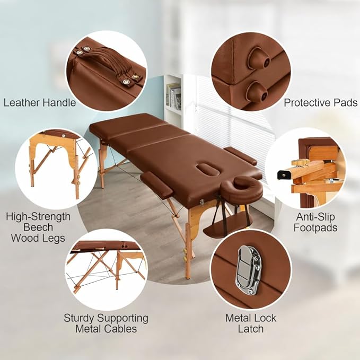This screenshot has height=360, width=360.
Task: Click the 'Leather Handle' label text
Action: [x=40, y=103]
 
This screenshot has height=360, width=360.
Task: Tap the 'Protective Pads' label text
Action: [x=321, y=103]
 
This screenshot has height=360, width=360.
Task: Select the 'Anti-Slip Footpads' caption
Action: [x=315, y=222]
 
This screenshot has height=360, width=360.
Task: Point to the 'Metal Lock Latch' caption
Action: [x=250, y=323]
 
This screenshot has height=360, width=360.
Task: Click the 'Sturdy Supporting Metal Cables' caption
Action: [x=106, y=323]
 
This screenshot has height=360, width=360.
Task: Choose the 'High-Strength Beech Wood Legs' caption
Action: [x=38, y=227]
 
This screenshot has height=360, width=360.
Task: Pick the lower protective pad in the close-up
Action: [x=258, y=92]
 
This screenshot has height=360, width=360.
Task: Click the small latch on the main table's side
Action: [x=202, y=203]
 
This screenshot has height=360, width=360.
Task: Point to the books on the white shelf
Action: [x=173, y=96]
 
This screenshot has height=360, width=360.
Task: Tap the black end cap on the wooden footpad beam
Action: [x=284, y=175]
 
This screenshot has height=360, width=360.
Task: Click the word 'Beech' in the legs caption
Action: [x=38, y=227]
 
